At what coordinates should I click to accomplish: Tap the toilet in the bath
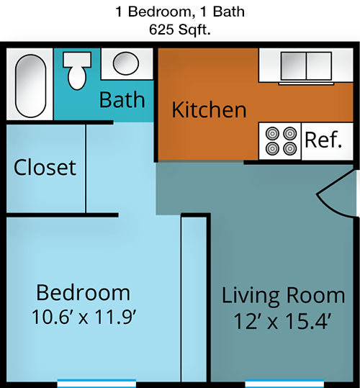pos(77,71)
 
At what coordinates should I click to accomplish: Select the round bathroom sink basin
pos(126,63)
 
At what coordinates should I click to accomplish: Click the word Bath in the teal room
pos(122,99)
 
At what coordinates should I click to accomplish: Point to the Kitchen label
pos(209,109)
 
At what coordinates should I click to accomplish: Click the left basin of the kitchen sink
pos(294,66)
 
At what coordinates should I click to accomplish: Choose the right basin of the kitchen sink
pos(319,66)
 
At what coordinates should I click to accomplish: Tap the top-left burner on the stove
pos(272,134)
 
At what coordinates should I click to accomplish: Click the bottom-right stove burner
pos(289,148)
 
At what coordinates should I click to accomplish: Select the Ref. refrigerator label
pos(323,140)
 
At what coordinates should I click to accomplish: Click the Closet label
pos(45,167)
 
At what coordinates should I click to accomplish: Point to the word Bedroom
pos(83,293)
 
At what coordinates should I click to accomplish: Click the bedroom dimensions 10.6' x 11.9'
pos(84,317)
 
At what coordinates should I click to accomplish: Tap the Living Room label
pos(283,295)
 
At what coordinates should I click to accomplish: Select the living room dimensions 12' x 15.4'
pos(282,321)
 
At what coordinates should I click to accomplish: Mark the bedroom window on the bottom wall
pos(96,383)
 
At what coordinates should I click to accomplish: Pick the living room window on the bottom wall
pos(284,383)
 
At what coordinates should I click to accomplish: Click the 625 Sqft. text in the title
pos(180,30)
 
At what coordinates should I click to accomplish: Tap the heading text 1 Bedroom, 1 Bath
pos(180,12)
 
